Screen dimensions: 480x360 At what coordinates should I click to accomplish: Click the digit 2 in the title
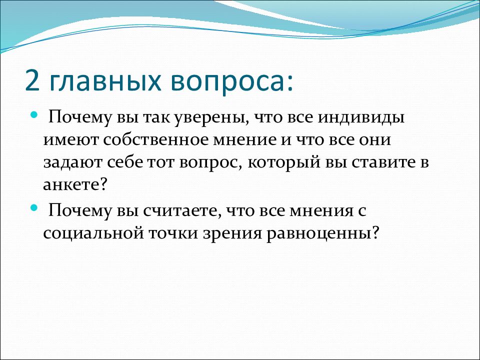(x=33, y=80)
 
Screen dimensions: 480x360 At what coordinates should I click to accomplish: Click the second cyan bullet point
(x=34, y=208)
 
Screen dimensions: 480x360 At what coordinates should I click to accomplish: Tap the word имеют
(x=71, y=140)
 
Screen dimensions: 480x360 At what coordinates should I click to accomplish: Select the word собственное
(x=156, y=140)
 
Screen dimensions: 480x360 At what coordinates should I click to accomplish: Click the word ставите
(x=383, y=162)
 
